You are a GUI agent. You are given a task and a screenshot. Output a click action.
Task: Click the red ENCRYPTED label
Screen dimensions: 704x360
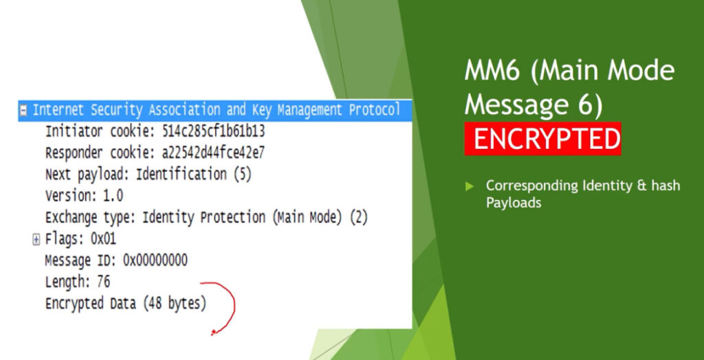[x=542, y=139]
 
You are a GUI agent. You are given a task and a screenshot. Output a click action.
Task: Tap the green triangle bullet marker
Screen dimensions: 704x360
[x=470, y=186]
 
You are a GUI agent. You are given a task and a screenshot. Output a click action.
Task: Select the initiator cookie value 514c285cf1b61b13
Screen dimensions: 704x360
[x=213, y=132]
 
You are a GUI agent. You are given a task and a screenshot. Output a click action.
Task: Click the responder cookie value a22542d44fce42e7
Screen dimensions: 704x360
[x=213, y=153]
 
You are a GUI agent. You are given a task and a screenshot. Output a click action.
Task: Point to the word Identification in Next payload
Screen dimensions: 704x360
[x=181, y=175]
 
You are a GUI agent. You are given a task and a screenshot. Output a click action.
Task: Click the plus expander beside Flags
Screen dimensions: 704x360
[x=36, y=240]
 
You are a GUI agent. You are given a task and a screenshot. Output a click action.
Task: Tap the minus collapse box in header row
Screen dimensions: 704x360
[x=23, y=111]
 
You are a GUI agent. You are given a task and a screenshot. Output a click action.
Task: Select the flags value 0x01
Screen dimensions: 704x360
[x=103, y=239]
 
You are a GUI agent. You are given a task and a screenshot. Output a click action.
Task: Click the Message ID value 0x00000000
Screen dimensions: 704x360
[x=155, y=260]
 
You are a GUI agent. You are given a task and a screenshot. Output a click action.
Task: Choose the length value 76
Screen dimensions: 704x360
[x=103, y=282]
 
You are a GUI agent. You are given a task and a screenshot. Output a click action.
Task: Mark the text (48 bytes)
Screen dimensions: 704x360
[x=175, y=304]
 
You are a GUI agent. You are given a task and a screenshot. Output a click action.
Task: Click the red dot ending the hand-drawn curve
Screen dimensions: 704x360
[x=213, y=333]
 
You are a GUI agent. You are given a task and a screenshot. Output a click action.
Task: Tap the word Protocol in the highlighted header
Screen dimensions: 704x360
[x=374, y=111]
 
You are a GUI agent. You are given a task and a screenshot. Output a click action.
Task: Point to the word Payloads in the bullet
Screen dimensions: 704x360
[x=513, y=203]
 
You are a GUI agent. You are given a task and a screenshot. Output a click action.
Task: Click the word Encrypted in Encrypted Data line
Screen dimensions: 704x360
[x=74, y=304]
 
